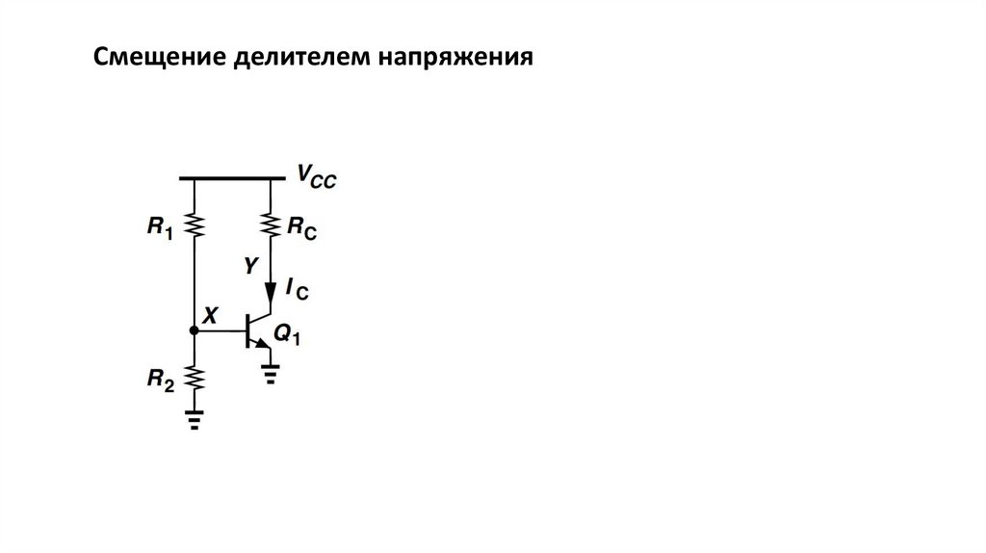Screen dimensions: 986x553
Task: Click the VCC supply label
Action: (316, 178)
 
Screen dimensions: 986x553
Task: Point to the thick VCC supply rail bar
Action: (232, 178)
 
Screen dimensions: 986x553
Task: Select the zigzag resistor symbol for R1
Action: (195, 225)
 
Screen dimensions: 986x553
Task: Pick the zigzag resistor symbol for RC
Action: (272, 225)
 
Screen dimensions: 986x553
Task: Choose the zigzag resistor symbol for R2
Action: (195, 377)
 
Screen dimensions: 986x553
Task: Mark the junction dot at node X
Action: (195, 330)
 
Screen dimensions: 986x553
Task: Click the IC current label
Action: (298, 287)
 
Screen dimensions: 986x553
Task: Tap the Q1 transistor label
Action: (287, 335)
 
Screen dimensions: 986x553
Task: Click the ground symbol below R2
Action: (195, 421)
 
